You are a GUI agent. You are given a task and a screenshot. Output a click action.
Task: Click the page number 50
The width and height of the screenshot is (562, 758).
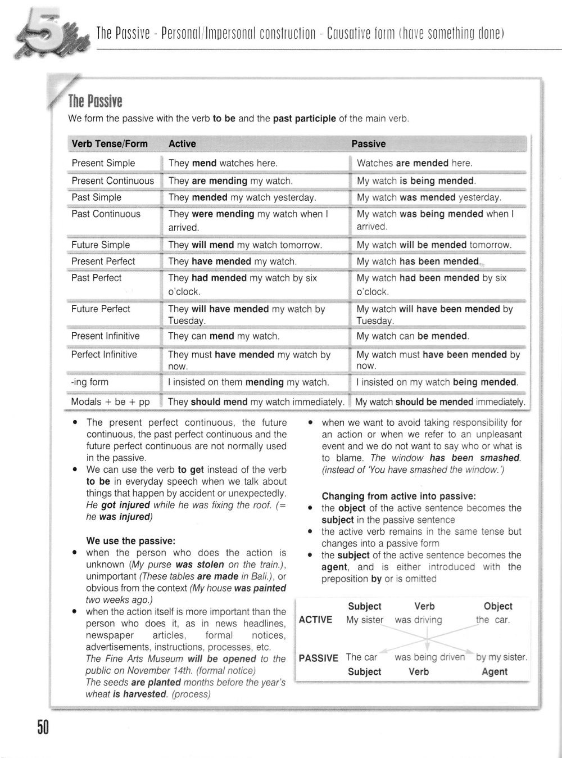(43, 728)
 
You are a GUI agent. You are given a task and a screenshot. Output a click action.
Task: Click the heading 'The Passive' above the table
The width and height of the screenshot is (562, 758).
(95, 101)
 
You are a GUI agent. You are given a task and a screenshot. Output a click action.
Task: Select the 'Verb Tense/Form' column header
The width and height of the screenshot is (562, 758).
(110, 144)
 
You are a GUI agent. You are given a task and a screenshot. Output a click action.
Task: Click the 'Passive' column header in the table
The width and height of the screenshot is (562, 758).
(369, 144)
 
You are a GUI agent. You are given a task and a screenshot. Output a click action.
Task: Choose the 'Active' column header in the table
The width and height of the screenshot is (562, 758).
(182, 144)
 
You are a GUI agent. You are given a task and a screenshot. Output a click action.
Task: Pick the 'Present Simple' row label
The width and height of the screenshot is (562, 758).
(103, 163)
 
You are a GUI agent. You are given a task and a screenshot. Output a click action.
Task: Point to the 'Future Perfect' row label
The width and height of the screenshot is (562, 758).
(101, 309)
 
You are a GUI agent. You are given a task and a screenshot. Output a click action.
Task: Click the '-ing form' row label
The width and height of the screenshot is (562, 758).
(90, 382)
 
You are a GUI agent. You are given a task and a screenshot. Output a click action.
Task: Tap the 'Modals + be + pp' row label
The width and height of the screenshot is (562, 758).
(110, 401)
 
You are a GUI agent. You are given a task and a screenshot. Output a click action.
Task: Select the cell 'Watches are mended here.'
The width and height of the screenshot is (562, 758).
(415, 163)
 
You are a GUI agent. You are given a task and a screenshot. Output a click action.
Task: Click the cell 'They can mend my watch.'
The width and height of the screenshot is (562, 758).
(224, 336)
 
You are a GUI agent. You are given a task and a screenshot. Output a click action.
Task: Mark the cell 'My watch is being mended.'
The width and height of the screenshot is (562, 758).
(416, 181)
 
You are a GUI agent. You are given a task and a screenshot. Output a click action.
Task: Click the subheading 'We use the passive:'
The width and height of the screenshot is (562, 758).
(131, 540)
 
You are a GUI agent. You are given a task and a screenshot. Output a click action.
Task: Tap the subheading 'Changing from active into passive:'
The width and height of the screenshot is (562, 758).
(399, 496)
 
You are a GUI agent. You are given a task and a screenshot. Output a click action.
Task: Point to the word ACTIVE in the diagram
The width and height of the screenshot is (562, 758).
(316, 620)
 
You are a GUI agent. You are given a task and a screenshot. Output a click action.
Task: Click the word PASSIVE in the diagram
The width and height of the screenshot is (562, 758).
(319, 658)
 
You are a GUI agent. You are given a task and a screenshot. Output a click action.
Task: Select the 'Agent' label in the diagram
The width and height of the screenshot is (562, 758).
(495, 671)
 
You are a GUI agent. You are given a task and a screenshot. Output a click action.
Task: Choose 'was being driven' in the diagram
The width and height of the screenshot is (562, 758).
(430, 657)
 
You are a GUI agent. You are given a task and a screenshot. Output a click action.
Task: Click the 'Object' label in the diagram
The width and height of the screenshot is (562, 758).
(498, 606)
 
